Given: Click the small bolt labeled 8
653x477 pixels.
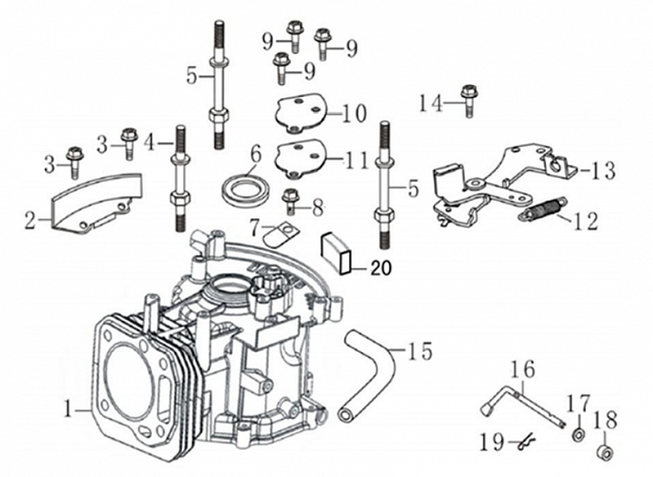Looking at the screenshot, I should tap(290, 201).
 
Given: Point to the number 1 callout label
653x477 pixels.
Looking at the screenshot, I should tap(67, 408).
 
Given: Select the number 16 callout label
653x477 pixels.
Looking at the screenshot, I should tap(522, 369).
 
